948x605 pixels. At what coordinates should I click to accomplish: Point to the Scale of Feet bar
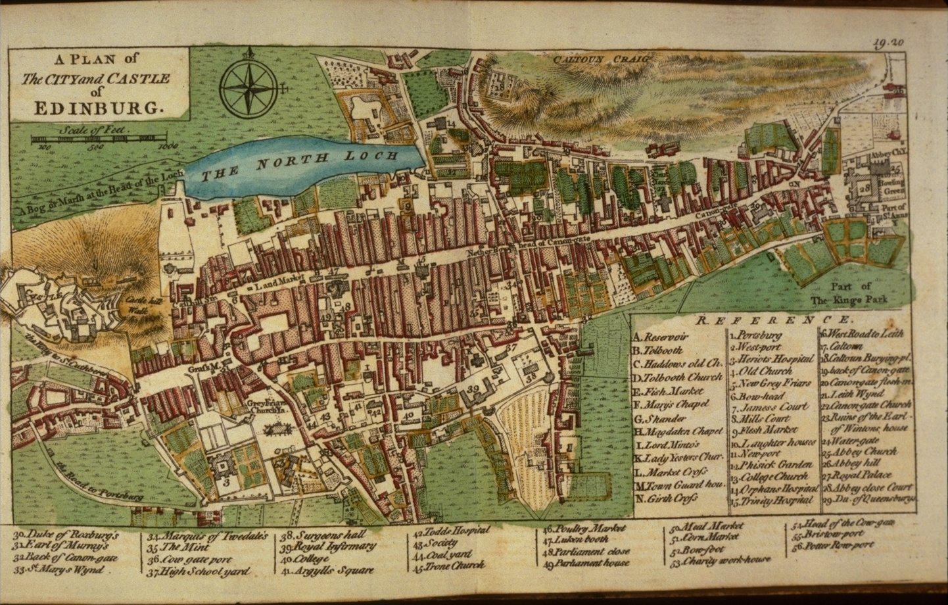pyautogui.click(x=99, y=139)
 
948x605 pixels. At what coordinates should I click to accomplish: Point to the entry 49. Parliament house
pyautogui.click(x=586, y=562)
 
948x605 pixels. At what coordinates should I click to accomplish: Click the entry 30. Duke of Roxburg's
pyautogui.click(x=66, y=534)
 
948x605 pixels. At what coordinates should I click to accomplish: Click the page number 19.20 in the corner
pyautogui.click(x=889, y=43)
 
